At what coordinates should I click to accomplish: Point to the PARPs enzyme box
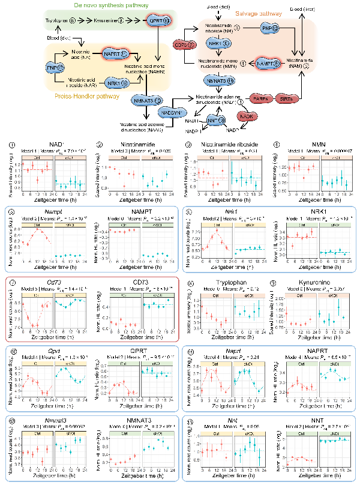pyautogui.click(x=259, y=98)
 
